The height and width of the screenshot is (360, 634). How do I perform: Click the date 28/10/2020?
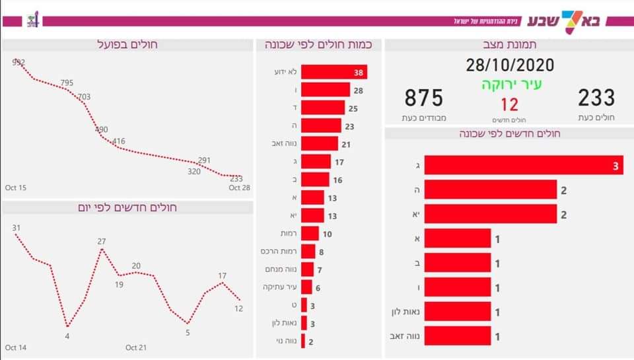tap(509, 65)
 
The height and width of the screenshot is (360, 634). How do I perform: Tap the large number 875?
tap(423, 98)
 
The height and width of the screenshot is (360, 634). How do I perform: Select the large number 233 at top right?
tap(596, 98)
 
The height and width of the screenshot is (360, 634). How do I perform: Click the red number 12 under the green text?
tap(509, 104)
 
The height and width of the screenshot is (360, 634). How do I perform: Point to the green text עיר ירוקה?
tap(509, 85)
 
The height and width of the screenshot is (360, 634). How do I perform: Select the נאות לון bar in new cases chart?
tap(457, 312)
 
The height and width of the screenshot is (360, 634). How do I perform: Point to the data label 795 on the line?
tap(67, 83)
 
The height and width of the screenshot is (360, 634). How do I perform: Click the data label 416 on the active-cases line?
tap(119, 141)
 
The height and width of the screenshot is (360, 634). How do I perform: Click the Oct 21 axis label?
tap(135, 347)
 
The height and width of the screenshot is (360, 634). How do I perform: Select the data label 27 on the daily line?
tap(102, 241)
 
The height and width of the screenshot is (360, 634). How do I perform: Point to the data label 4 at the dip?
tap(67, 336)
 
